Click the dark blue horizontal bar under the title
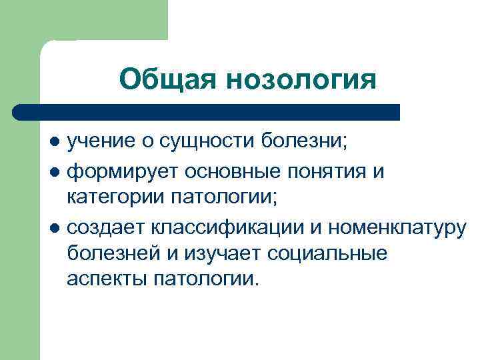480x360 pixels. coord(206,111)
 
